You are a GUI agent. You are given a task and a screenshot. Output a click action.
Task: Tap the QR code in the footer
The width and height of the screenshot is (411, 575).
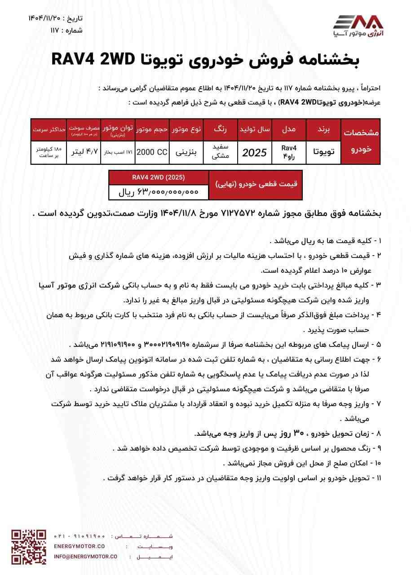(x=29, y=547)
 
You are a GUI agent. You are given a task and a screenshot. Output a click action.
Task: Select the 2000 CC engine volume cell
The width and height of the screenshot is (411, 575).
(x=151, y=152)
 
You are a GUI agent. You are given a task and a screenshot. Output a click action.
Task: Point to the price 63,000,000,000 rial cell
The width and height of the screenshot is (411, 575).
(x=159, y=192)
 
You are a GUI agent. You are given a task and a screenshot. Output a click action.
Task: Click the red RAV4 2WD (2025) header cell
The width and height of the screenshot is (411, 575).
(x=159, y=177)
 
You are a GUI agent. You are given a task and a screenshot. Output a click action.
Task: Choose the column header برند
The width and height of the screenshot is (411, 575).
(x=324, y=129)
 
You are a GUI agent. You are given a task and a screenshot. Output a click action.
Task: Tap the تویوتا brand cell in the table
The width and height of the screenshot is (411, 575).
(x=324, y=152)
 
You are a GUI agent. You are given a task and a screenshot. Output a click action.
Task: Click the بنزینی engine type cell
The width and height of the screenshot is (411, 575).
(x=186, y=152)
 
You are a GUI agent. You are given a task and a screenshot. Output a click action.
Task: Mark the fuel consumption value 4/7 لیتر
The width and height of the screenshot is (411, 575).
(x=84, y=152)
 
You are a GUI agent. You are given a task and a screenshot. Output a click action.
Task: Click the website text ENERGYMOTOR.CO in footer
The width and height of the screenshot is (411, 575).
(x=79, y=546)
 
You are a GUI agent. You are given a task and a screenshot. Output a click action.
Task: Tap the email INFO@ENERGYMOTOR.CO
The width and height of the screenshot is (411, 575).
(x=85, y=556)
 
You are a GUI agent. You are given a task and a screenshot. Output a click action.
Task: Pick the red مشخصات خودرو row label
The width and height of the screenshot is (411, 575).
(x=361, y=141)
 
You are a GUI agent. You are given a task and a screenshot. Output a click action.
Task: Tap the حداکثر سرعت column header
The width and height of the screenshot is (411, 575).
(x=49, y=129)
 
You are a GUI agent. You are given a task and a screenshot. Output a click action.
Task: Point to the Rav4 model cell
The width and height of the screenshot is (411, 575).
(x=289, y=152)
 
